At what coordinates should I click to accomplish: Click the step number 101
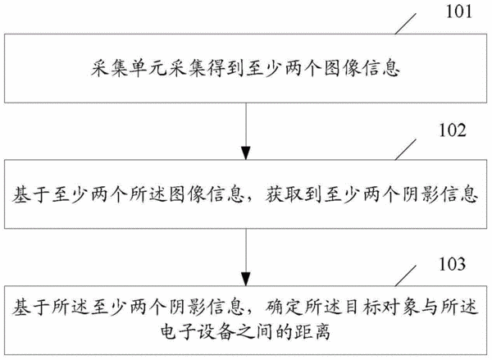(x=458, y=12)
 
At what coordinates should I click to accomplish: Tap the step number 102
(x=452, y=130)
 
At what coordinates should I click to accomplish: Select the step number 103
(x=452, y=264)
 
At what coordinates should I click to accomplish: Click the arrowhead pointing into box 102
(x=246, y=153)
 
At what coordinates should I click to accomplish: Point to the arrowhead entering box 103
(x=246, y=279)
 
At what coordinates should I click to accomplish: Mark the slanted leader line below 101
(x=405, y=24)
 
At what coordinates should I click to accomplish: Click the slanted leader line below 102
(x=405, y=149)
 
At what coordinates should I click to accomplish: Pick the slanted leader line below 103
(x=405, y=276)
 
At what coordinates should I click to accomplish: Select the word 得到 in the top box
(x=225, y=68)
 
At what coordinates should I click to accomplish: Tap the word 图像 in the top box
(x=342, y=68)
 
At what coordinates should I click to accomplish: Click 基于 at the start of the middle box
(x=31, y=194)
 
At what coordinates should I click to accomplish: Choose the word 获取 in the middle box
(x=284, y=194)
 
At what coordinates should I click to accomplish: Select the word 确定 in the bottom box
(x=284, y=307)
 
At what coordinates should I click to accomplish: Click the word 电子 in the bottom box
(x=178, y=332)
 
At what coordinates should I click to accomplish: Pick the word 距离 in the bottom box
(x=312, y=332)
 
